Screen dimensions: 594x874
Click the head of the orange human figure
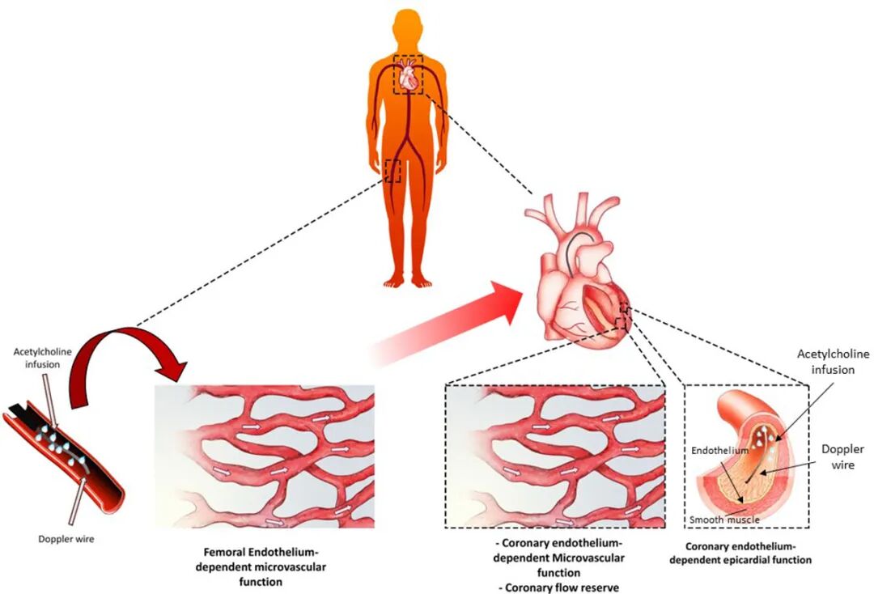point(408,28)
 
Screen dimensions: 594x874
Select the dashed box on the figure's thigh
point(393,170)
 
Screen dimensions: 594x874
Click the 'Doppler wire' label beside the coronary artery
point(842,456)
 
